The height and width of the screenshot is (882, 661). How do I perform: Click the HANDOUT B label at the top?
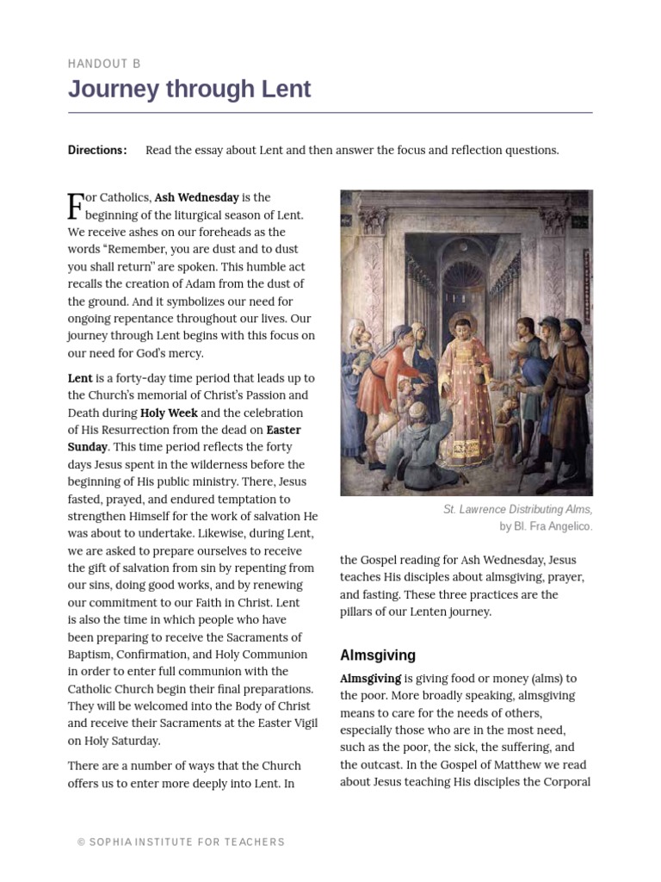(x=104, y=64)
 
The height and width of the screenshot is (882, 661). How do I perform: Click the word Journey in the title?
(x=112, y=89)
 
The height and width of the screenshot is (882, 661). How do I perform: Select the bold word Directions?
(x=97, y=150)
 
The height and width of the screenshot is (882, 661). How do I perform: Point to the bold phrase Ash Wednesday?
(x=196, y=197)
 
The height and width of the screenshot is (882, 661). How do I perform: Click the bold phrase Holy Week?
(x=169, y=413)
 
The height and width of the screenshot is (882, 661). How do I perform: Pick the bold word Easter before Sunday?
(x=283, y=430)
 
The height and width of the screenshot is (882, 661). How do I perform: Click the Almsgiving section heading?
(x=377, y=655)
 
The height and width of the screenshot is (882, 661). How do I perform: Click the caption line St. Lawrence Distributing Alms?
(x=517, y=510)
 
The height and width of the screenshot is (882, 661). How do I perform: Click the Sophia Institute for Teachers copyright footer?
(x=181, y=842)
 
